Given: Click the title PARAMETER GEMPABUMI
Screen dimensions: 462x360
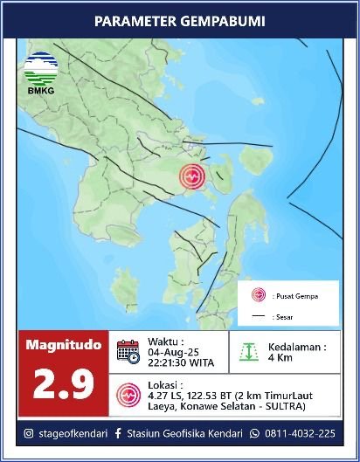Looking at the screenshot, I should [179, 20].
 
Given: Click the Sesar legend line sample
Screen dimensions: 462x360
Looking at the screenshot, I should [259, 317].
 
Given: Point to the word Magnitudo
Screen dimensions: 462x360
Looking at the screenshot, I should [63, 345].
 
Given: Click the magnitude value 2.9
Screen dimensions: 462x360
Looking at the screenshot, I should [63, 385].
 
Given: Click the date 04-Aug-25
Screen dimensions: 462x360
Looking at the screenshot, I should [169, 353].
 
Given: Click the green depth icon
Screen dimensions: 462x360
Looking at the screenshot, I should [251, 351].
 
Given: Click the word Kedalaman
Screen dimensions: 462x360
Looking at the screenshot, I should [300, 346].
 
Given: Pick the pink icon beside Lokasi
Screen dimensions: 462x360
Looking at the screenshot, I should [128, 394].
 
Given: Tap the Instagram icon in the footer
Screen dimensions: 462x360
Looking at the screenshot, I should [29, 432].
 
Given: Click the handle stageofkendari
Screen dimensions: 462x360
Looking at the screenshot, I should [73, 432].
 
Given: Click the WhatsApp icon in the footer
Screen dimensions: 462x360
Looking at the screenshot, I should [255, 432].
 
